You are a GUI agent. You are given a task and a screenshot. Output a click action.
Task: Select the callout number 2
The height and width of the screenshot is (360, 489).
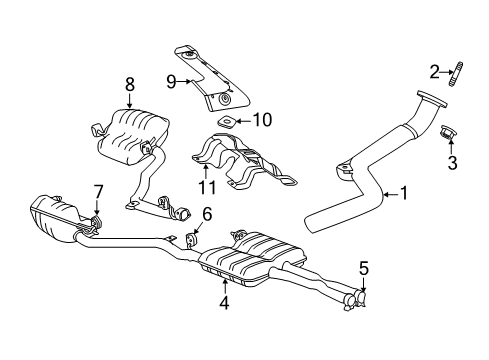[434, 70]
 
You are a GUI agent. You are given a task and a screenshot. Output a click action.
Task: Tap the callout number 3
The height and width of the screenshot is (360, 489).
[453, 161]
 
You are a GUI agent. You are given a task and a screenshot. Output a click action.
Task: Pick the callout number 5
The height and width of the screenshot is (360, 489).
[364, 268]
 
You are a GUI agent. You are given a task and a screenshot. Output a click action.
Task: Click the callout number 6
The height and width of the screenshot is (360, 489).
[206, 213]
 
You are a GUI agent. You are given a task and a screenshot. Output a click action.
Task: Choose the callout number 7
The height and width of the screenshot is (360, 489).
[97, 190]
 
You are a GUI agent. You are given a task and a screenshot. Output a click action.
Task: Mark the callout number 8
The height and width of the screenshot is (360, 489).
[129, 85]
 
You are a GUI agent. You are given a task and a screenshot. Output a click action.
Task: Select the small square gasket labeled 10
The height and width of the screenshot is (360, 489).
[230, 122]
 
